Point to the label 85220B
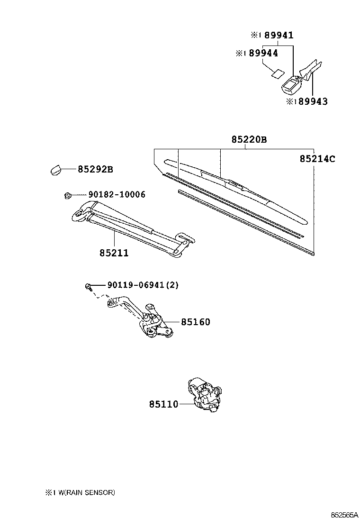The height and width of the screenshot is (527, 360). [249, 139]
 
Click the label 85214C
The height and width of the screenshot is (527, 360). [317, 159]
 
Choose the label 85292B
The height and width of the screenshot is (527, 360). [95, 169]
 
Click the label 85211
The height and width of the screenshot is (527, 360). [114, 253]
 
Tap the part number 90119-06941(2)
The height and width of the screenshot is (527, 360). [136, 285]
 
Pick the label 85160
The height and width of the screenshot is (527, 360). [195, 322]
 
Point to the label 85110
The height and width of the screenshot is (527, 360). [164, 404]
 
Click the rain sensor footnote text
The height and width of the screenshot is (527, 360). [80, 492]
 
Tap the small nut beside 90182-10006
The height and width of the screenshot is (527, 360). [67, 194]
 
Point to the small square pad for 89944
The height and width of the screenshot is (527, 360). [277, 73]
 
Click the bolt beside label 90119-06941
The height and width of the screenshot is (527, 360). [89, 285]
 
